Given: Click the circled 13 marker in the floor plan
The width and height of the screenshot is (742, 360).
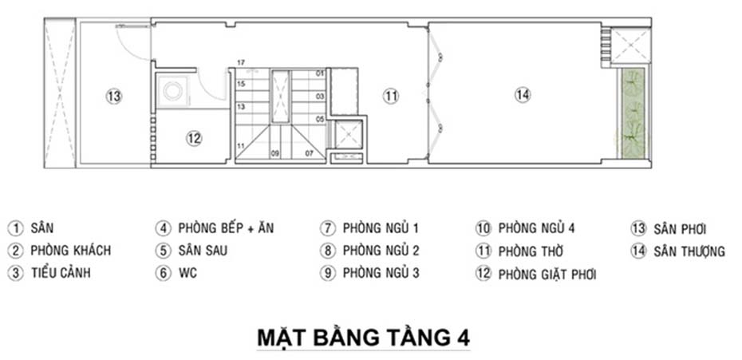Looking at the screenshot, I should click(114, 96).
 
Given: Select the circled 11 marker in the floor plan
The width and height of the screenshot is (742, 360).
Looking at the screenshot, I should click(389, 96).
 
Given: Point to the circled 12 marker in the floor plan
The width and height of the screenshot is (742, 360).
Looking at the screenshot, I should click(194, 138).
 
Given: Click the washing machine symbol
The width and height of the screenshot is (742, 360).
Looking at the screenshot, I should click(172, 90).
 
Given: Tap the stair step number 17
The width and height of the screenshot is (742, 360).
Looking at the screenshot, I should click(240, 62).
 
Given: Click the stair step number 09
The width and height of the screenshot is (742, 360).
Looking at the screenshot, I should click(274, 152).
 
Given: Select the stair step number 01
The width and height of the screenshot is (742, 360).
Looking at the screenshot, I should click(320, 73).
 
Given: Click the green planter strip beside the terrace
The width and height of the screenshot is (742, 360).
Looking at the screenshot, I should click(633, 113).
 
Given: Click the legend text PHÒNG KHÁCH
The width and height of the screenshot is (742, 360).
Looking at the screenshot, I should click(70, 251).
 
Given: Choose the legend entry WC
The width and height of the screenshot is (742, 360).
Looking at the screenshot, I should click(187, 273).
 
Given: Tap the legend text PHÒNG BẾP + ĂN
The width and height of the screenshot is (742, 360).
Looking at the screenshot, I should click(226, 228).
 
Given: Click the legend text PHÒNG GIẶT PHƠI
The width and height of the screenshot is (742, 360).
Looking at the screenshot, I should click(547, 275).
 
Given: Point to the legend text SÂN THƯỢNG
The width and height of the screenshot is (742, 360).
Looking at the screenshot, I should click(689, 251).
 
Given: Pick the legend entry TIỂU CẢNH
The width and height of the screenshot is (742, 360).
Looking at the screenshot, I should click(61, 273).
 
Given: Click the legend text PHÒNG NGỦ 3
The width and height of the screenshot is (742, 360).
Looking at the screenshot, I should click(381, 273).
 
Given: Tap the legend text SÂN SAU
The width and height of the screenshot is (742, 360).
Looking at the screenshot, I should click(203, 251).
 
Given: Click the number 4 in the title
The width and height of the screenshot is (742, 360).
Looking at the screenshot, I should click(462, 337).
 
